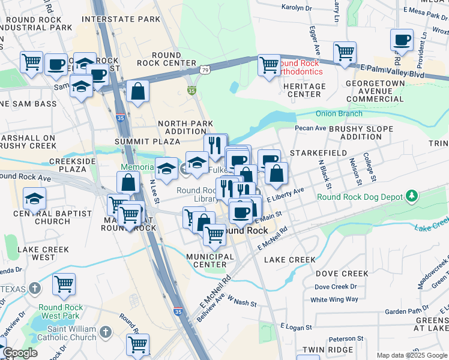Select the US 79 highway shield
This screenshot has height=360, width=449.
pos(205,70)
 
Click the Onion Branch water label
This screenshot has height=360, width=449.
pos(339,113)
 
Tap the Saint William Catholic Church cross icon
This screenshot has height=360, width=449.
pos(106,332)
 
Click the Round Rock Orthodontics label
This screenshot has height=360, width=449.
pos(300,67)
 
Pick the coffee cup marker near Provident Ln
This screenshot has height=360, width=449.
pos(402,40)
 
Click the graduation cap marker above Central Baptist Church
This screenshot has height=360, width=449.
pos(34,198)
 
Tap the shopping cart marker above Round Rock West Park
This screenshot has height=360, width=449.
pos(64,284)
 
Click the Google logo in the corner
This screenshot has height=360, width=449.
pos(19,353)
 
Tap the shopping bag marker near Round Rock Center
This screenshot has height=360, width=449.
pos(138,92)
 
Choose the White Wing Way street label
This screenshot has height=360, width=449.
pos(334,299)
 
